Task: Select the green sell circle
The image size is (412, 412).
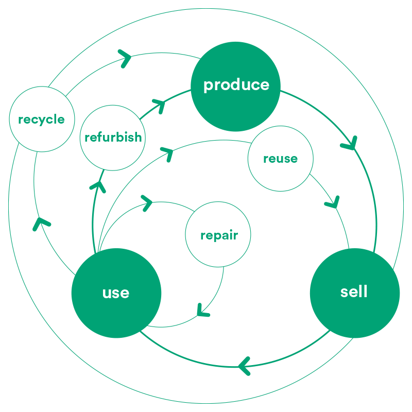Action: click(355, 309)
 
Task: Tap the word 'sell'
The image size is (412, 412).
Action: click(354, 291)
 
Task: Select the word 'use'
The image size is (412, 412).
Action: click(116, 293)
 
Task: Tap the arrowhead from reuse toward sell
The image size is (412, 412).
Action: click(333, 202)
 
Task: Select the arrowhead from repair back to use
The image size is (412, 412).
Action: click(203, 311)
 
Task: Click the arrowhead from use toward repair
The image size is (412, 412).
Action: click(147, 202)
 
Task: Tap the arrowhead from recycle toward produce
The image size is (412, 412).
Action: click(125, 58)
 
